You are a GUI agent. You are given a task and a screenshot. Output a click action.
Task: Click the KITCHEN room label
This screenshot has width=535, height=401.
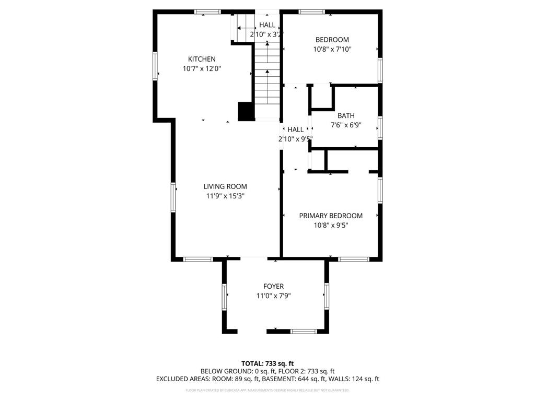click(202, 59)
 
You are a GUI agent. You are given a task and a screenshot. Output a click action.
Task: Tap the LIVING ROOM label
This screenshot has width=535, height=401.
click(225, 186)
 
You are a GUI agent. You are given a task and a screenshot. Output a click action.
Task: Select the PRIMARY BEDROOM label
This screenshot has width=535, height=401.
click(330, 216)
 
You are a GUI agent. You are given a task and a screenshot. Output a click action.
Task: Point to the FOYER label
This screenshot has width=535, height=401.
click(273, 286)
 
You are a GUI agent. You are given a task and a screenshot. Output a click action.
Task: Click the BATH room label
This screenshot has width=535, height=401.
click(345, 115)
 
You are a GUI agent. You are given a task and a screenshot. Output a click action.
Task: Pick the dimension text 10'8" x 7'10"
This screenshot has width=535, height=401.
click(332, 49)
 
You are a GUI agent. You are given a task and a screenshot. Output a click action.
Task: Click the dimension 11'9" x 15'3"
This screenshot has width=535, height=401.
click(225, 196)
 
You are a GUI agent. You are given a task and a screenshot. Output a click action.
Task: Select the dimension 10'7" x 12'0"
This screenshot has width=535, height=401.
click(202, 68)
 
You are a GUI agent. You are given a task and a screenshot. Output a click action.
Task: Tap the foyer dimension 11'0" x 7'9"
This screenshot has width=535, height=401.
click(273, 296)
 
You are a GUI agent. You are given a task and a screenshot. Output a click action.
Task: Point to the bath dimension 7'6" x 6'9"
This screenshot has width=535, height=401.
click(346, 125)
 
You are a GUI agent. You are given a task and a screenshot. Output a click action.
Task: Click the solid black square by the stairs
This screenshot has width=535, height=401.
click(246, 111)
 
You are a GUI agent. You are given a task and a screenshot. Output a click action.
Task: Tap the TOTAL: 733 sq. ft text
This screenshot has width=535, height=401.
click(267, 363)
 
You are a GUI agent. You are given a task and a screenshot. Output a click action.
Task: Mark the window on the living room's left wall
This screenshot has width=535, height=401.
click(173, 197)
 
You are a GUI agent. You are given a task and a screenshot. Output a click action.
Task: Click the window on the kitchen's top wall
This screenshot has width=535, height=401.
click(207, 11)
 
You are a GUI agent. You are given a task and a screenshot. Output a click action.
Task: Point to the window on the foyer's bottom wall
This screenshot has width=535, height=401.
click(304, 331)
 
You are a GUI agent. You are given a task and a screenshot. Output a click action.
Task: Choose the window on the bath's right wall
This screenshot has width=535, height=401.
click(380, 126)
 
